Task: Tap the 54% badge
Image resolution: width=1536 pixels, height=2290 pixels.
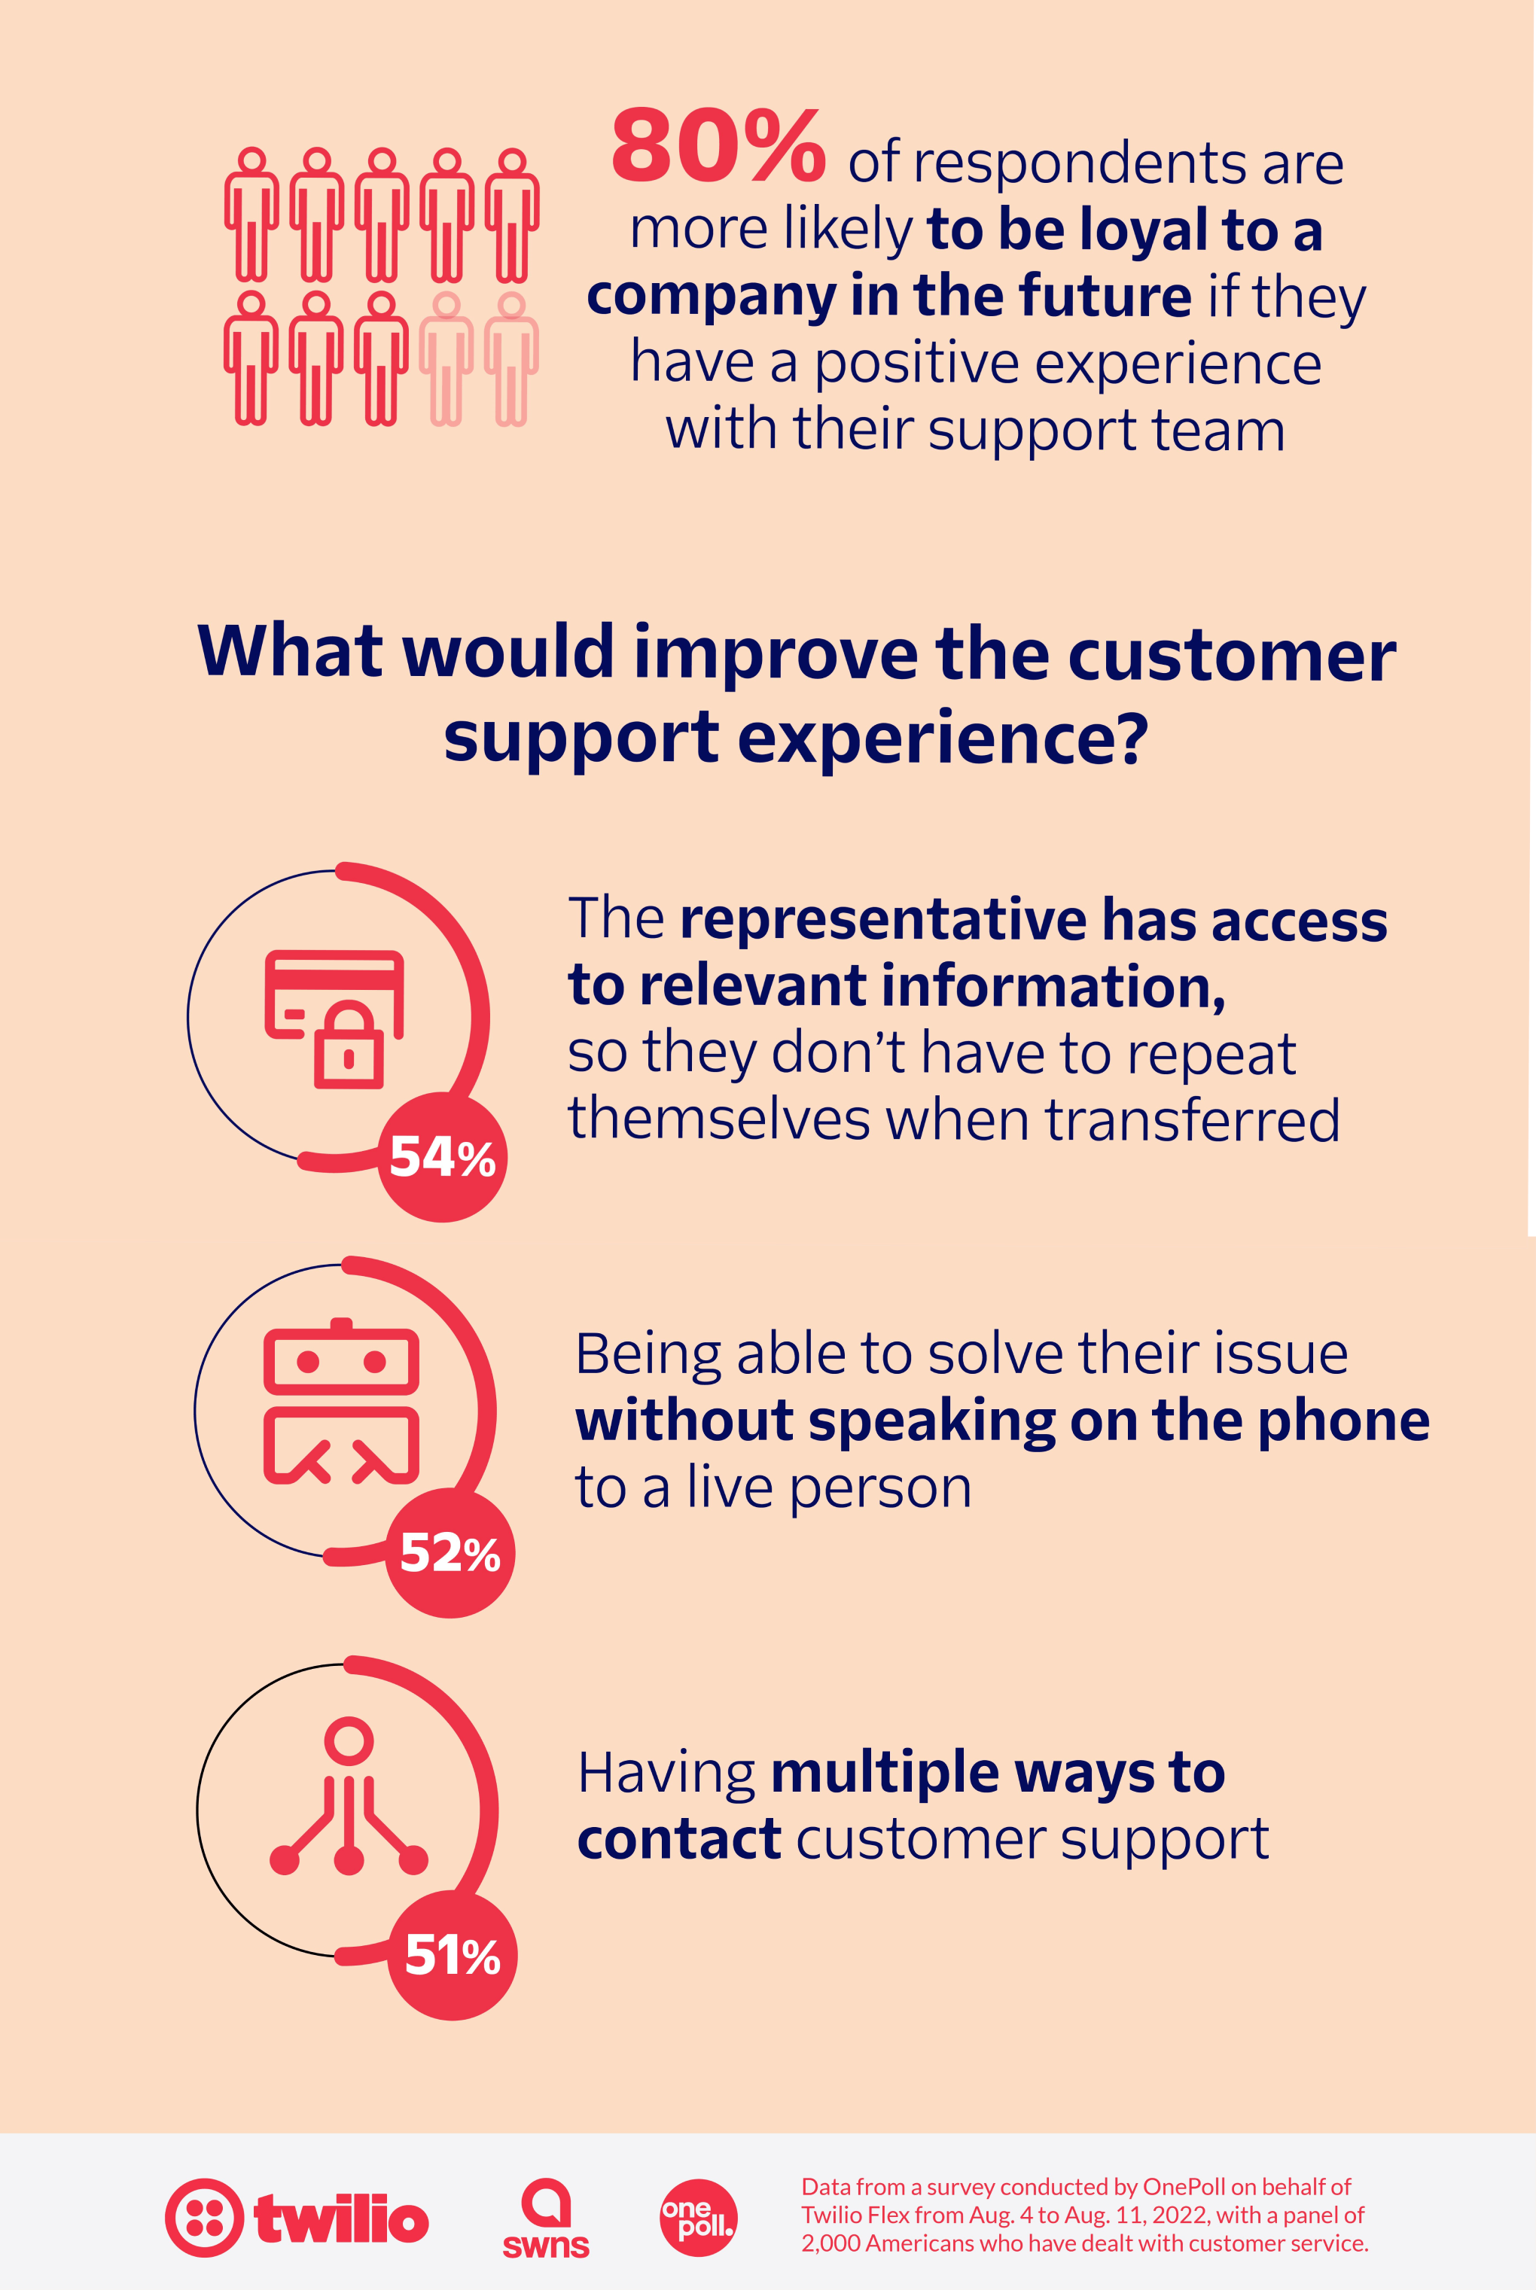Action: pyautogui.click(x=442, y=1157)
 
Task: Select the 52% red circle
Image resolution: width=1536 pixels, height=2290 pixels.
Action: pyautogui.click(x=450, y=1552)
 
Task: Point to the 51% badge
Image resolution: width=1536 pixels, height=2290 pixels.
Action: pyautogui.click(x=452, y=1955)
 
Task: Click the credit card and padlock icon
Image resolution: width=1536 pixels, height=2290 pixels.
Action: pyautogui.click(x=334, y=1019)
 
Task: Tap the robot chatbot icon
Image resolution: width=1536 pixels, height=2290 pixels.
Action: pyautogui.click(x=341, y=1402)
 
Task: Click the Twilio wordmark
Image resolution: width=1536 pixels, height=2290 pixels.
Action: pyautogui.click(x=341, y=2218)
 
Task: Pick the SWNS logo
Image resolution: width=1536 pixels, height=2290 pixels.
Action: pyautogui.click(x=546, y=2218)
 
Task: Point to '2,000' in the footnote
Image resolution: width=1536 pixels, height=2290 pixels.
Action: pyautogui.click(x=830, y=2243)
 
